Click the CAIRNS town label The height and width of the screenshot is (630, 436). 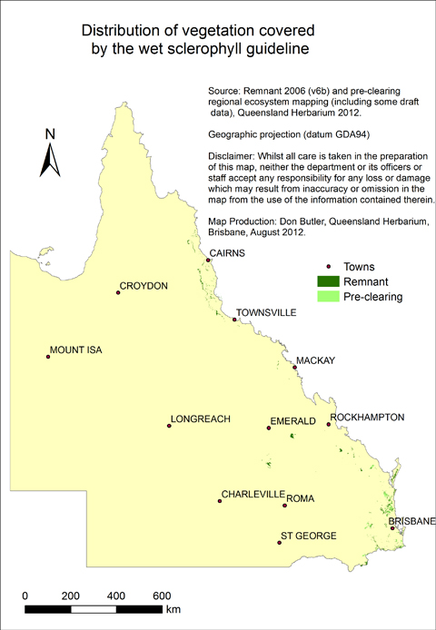pyautogui.click(x=227, y=253)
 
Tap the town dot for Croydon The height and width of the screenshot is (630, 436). pyautogui.click(x=118, y=292)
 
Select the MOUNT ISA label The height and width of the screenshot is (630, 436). pyautogui.click(x=80, y=349)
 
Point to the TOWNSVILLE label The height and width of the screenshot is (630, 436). pyautogui.click(x=266, y=312)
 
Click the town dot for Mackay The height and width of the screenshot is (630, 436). pyautogui.click(x=294, y=369)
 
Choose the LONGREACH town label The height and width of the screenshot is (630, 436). pyautogui.click(x=201, y=418)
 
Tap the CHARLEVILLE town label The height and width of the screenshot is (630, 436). pyautogui.click(x=252, y=495)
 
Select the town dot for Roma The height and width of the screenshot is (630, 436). pyautogui.click(x=284, y=505)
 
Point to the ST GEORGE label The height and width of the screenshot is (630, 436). pyautogui.click(x=309, y=536)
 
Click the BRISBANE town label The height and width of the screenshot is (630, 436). pyautogui.click(x=412, y=521)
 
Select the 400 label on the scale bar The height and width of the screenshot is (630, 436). pyautogui.click(x=116, y=596)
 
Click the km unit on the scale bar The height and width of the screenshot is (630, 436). pyautogui.click(x=173, y=609)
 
